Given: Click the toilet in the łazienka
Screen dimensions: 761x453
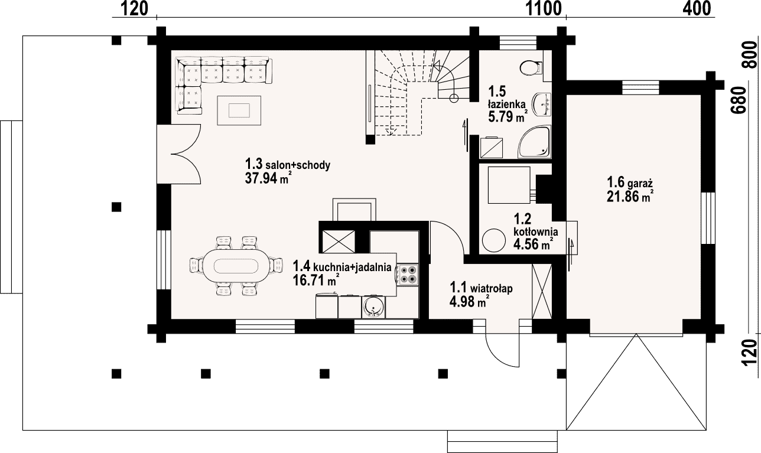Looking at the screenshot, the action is [x=531, y=67].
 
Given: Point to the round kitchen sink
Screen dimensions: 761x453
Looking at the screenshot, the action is [x=373, y=307].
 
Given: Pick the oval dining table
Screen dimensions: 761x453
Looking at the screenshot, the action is [x=236, y=266].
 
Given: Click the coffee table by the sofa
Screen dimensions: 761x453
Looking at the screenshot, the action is [x=239, y=110].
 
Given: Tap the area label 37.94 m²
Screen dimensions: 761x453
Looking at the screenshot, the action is [x=266, y=178].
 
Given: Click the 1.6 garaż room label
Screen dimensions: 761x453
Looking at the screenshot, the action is [x=630, y=182].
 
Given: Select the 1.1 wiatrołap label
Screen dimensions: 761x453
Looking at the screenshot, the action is [x=481, y=288].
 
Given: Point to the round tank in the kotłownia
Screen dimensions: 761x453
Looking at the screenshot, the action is [x=494, y=240].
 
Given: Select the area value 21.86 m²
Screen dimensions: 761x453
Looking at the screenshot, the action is [x=630, y=197].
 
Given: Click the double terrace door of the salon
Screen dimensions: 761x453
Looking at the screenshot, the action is [x=179, y=154].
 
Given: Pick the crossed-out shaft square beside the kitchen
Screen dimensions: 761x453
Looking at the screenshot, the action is [x=339, y=242].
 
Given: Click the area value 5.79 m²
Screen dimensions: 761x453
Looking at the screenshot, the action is [x=508, y=116].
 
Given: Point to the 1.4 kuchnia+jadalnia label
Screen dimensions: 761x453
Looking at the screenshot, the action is [x=342, y=267].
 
